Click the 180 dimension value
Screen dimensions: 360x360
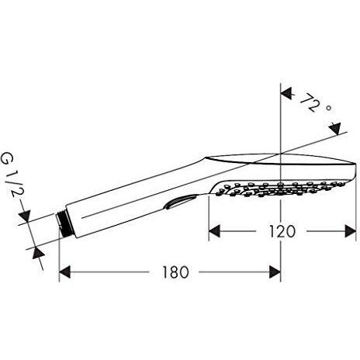[172, 272]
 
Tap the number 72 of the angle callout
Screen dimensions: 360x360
[310, 101]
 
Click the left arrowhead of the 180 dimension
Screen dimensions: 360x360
[66, 272]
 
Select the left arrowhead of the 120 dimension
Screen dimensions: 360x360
[215, 231]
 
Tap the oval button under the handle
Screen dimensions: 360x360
[179, 203]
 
